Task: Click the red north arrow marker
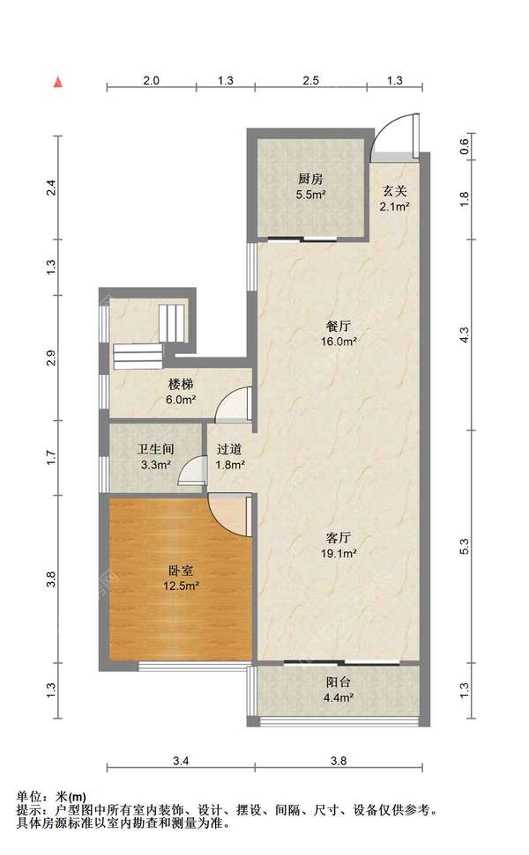tap(58, 83)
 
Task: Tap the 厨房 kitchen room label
tap(310, 179)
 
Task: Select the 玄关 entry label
tap(394, 191)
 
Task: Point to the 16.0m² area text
tap(339, 342)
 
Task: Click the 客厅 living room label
tap(339, 538)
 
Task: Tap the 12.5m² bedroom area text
tap(180, 586)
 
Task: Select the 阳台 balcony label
tap(339, 682)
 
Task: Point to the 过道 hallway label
tap(229, 450)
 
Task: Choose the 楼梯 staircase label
tap(181, 385)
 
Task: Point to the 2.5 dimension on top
tap(310, 80)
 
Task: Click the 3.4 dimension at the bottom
tap(181, 761)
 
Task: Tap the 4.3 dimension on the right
tap(464, 335)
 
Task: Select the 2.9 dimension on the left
tap(51, 357)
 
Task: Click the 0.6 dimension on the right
tap(464, 145)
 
